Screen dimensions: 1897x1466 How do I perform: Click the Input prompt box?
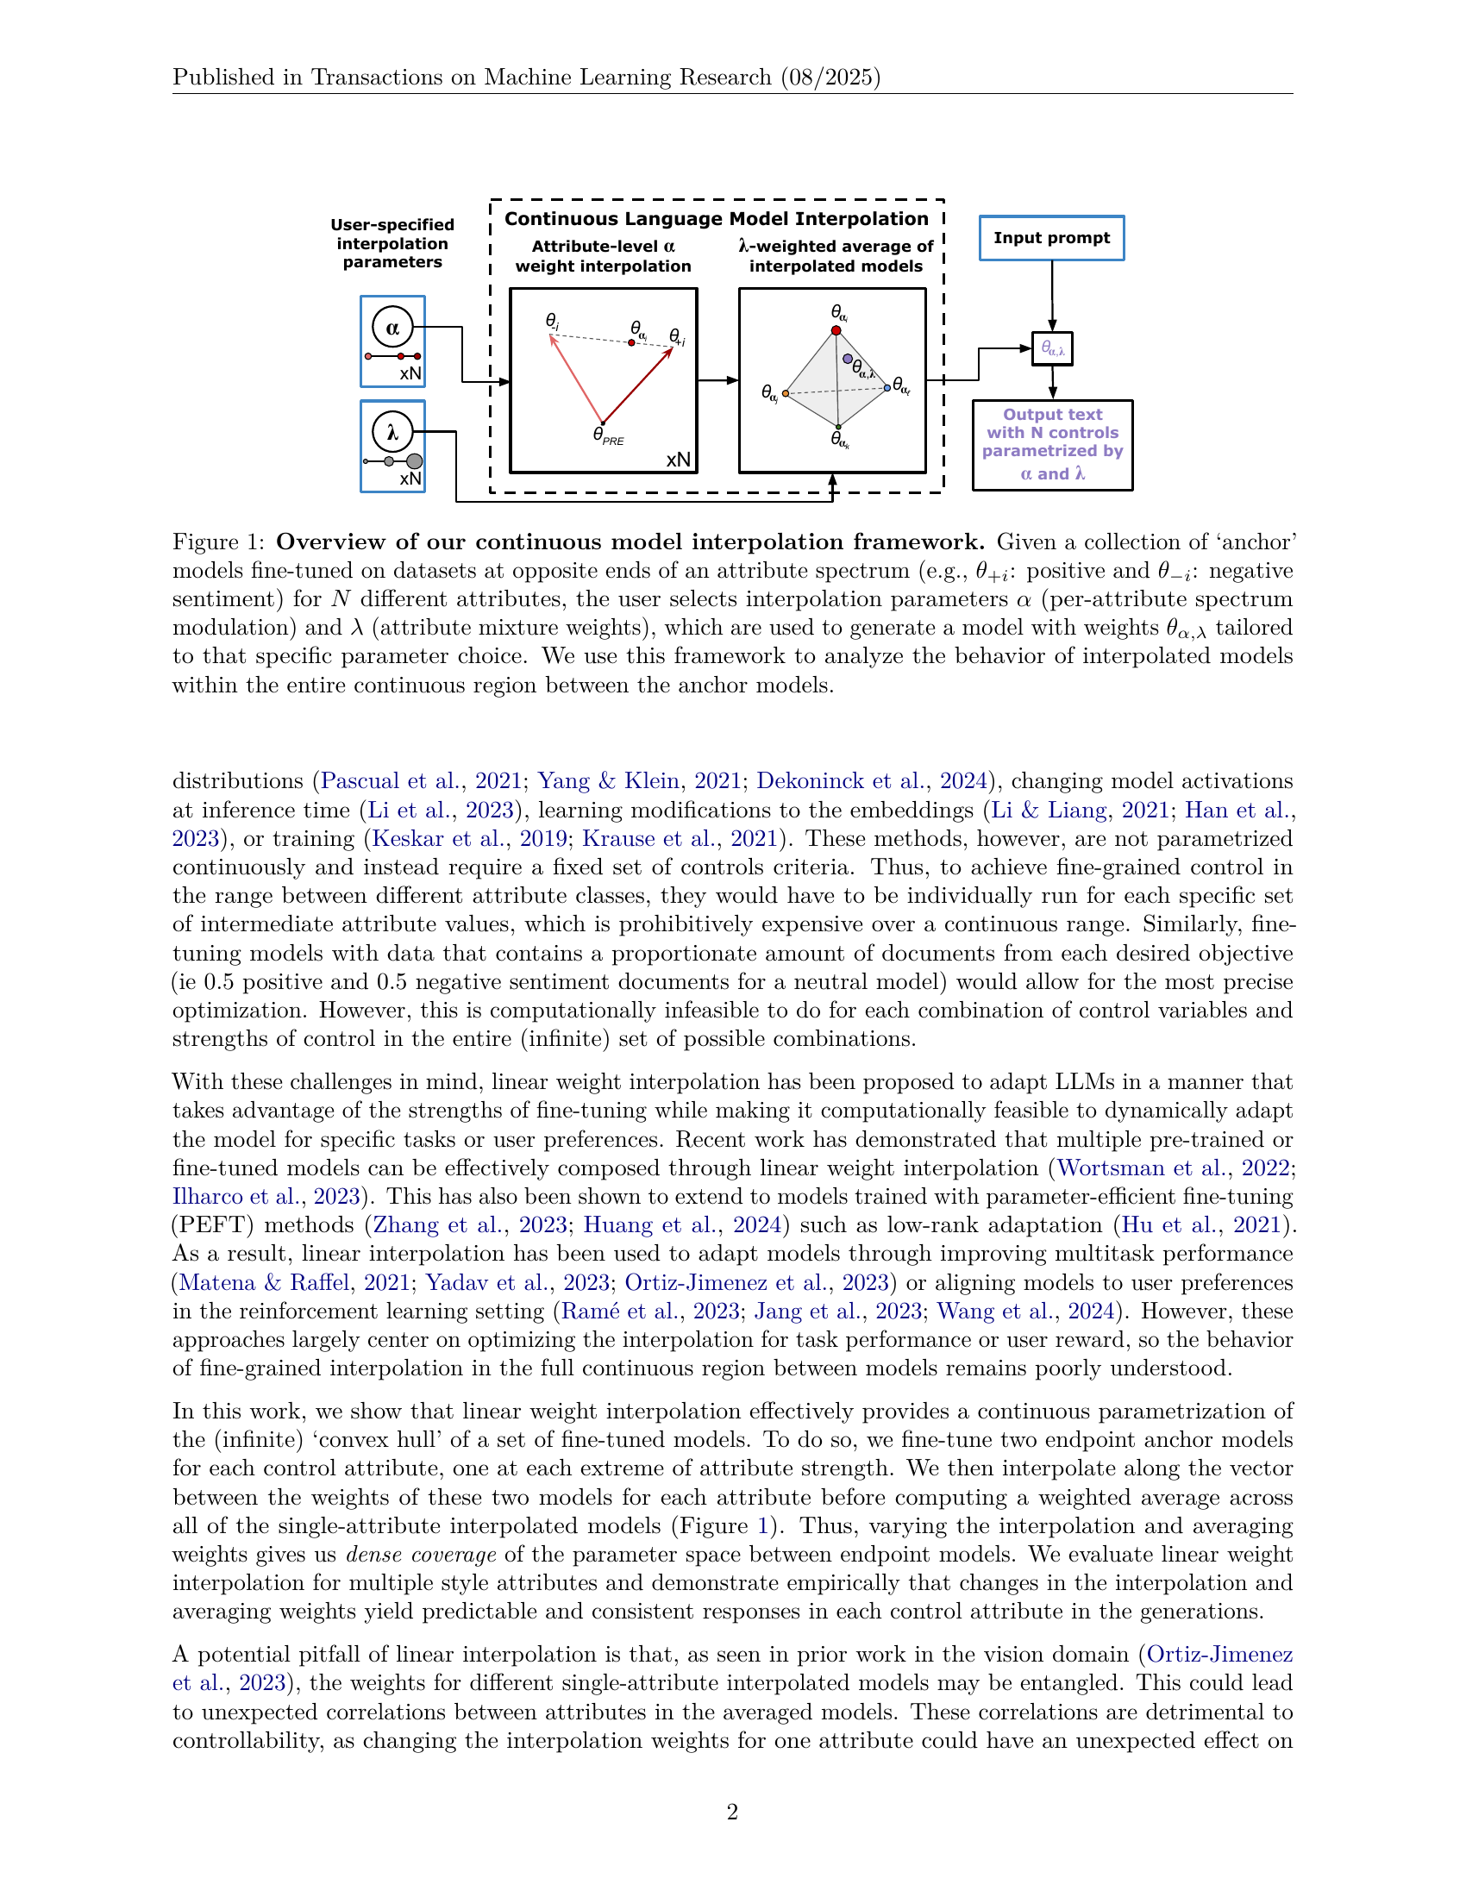point(1051,238)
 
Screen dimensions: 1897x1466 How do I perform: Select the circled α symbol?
point(392,328)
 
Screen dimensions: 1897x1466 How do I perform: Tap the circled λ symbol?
point(392,432)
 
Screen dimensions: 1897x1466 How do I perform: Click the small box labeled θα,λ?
point(1052,349)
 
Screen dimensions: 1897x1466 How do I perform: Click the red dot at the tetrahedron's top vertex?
point(836,330)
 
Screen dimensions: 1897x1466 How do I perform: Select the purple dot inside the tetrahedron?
point(848,359)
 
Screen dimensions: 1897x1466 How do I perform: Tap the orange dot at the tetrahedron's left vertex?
point(785,393)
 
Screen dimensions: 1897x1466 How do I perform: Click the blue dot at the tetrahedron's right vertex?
point(886,387)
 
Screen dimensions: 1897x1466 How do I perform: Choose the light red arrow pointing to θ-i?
point(577,379)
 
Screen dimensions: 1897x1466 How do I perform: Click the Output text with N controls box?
point(1052,445)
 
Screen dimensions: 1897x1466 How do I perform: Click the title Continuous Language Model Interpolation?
point(717,219)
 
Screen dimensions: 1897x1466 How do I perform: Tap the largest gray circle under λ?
point(415,461)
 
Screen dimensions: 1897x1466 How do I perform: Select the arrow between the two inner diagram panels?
point(717,380)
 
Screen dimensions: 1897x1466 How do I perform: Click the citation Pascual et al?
point(390,781)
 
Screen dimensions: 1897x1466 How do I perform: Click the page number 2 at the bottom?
point(732,1812)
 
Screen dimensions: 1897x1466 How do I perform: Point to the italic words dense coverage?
point(421,1555)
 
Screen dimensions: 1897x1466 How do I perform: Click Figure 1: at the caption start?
point(218,542)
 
